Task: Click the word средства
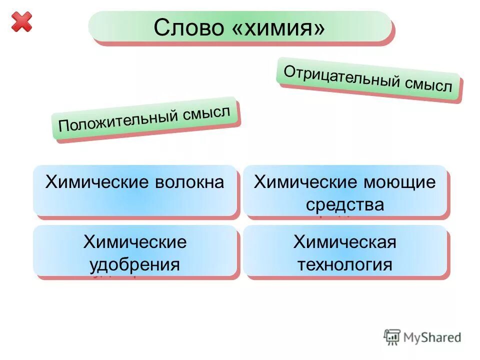click(x=345, y=204)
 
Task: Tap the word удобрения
click(x=134, y=264)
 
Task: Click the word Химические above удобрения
click(x=134, y=242)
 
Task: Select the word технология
click(x=345, y=264)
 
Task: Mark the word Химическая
click(x=345, y=242)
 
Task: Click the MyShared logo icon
click(x=392, y=337)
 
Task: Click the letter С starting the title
click(x=161, y=28)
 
